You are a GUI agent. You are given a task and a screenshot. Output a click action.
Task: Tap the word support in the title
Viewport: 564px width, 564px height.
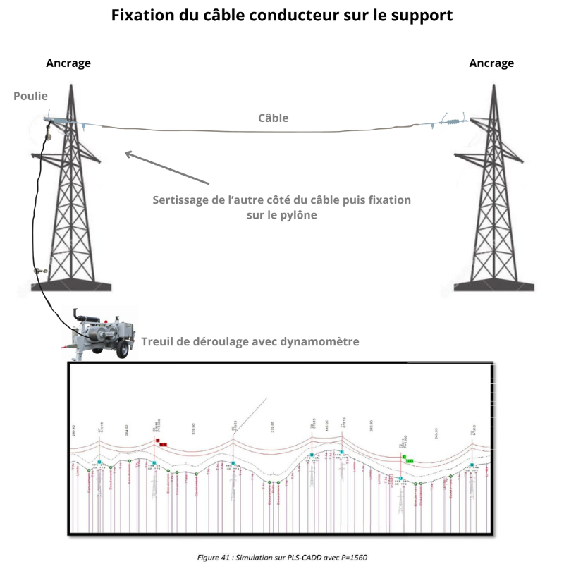[x=420, y=16]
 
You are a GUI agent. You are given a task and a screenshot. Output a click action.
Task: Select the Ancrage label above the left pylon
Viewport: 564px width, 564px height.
[x=68, y=63]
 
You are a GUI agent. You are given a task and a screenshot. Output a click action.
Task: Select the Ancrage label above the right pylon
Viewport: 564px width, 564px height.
[x=491, y=63]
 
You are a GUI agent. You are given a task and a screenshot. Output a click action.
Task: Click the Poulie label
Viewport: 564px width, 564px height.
[x=30, y=95]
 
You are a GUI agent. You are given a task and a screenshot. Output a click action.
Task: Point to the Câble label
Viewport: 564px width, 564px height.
[x=273, y=118]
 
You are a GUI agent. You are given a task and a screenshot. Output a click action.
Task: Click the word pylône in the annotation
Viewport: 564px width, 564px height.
[x=298, y=215]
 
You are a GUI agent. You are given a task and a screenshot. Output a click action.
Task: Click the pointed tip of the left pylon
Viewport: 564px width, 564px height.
[x=70, y=85]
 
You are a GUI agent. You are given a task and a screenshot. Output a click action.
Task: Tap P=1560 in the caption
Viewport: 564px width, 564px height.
[x=350, y=558]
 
